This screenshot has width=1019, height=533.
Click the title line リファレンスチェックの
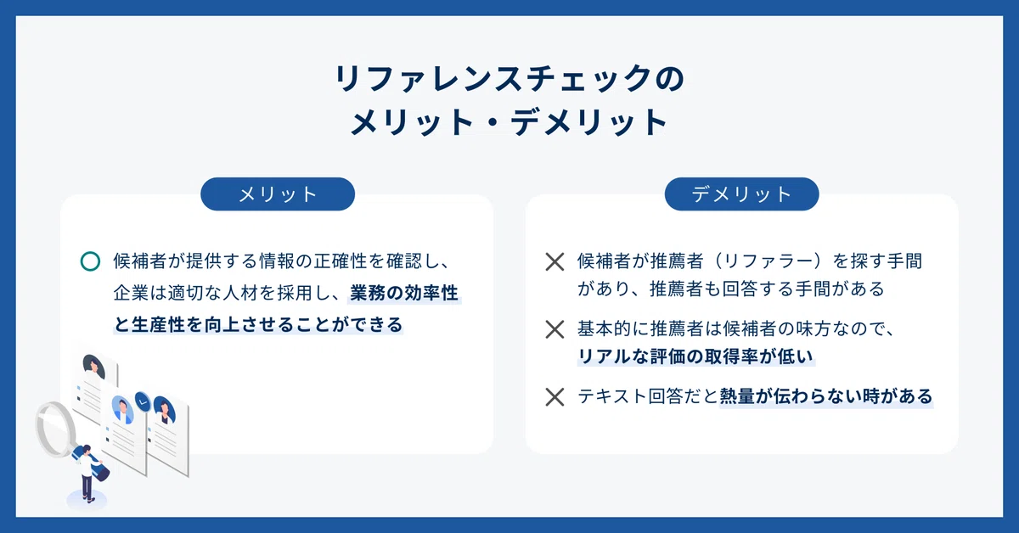click(x=509, y=78)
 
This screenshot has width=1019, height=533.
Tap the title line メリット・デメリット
click(x=509, y=121)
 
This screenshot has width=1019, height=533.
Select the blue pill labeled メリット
click(x=278, y=194)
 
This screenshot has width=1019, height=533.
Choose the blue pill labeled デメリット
click(x=741, y=194)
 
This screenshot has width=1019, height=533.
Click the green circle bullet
click(x=90, y=261)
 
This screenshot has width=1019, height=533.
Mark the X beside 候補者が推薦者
click(x=555, y=262)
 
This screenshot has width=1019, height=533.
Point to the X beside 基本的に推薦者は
click(x=555, y=329)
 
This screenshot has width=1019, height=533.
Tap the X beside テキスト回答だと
click(x=555, y=397)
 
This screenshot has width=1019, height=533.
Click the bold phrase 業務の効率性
click(x=404, y=293)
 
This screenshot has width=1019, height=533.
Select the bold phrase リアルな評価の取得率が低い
click(x=695, y=356)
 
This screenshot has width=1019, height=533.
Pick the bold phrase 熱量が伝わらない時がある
click(x=826, y=396)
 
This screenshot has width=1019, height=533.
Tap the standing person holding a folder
click(x=88, y=473)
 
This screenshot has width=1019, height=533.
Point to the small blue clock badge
click(x=143, y=402)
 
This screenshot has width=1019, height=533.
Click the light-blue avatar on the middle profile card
click(x=122, y=409)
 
